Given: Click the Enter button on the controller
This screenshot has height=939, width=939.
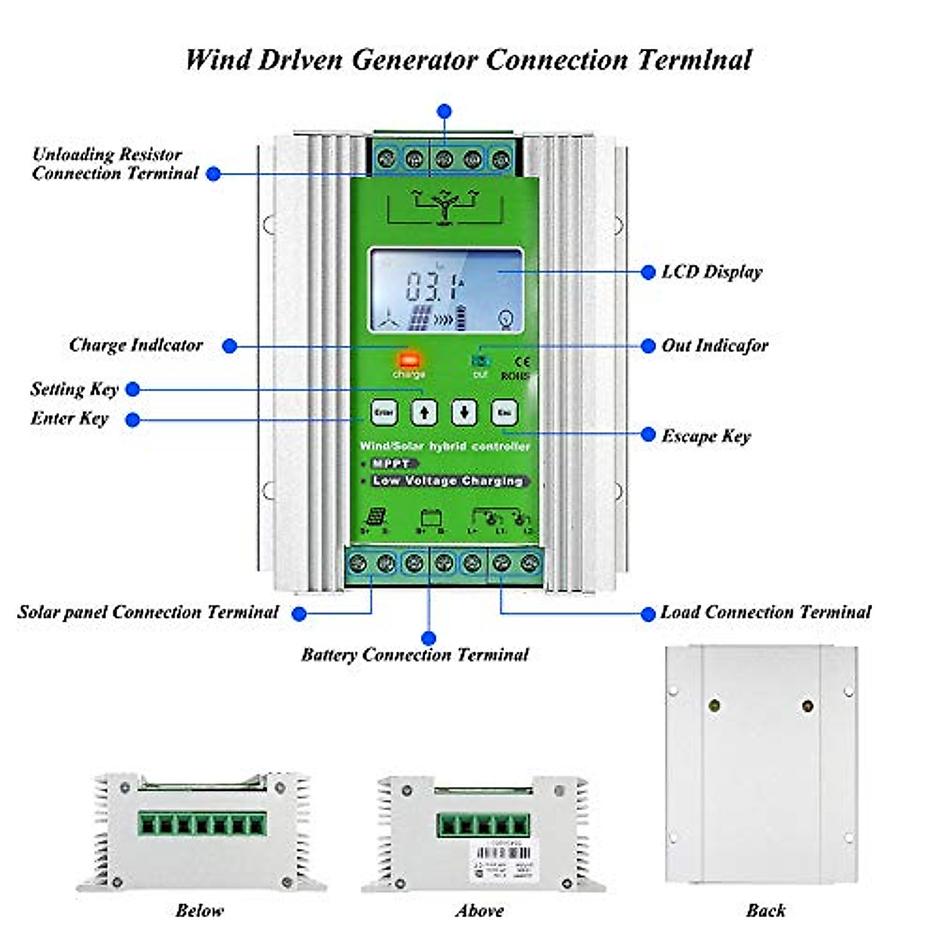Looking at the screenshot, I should pos(383,412).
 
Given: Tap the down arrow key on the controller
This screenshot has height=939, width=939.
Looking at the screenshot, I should pos(464,412).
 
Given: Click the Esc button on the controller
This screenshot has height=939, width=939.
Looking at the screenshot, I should pos(504,412).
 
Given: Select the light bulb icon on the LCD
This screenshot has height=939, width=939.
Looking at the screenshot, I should pos(507,318).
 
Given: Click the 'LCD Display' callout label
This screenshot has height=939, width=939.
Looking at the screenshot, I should pos(711,272).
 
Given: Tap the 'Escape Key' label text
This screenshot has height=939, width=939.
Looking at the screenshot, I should pos(706,436).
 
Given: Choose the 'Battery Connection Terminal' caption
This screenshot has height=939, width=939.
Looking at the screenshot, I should pos(415,655).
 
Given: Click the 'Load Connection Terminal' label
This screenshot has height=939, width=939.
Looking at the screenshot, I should pos(765,613).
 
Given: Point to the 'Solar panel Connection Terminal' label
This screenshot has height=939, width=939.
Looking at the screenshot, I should pos(148,613).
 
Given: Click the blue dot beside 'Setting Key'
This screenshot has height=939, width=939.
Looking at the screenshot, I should pos(133,389).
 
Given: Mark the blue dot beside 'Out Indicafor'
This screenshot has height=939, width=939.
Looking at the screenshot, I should pos(648,346).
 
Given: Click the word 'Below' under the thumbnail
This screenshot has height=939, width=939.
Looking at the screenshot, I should pos(200,910).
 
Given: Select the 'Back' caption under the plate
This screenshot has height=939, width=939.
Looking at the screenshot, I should pos(765,910).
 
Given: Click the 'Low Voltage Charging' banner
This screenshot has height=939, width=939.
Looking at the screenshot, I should pos(448,481).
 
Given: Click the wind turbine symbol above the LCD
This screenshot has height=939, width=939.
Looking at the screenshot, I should pos(444,207).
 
